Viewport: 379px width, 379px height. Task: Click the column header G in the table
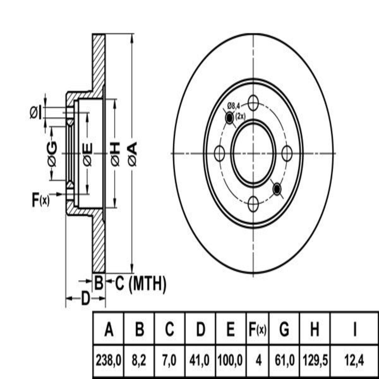284,330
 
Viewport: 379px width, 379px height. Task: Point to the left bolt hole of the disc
219,154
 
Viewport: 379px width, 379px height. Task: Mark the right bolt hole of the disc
287,154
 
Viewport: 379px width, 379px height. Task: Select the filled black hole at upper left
229,118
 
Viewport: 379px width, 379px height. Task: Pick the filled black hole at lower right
277,189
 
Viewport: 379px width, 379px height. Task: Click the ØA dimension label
132,154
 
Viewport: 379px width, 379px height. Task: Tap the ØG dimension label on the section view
52,154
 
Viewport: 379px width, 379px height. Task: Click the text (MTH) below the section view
148,283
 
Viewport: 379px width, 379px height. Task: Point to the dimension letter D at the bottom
85,298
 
